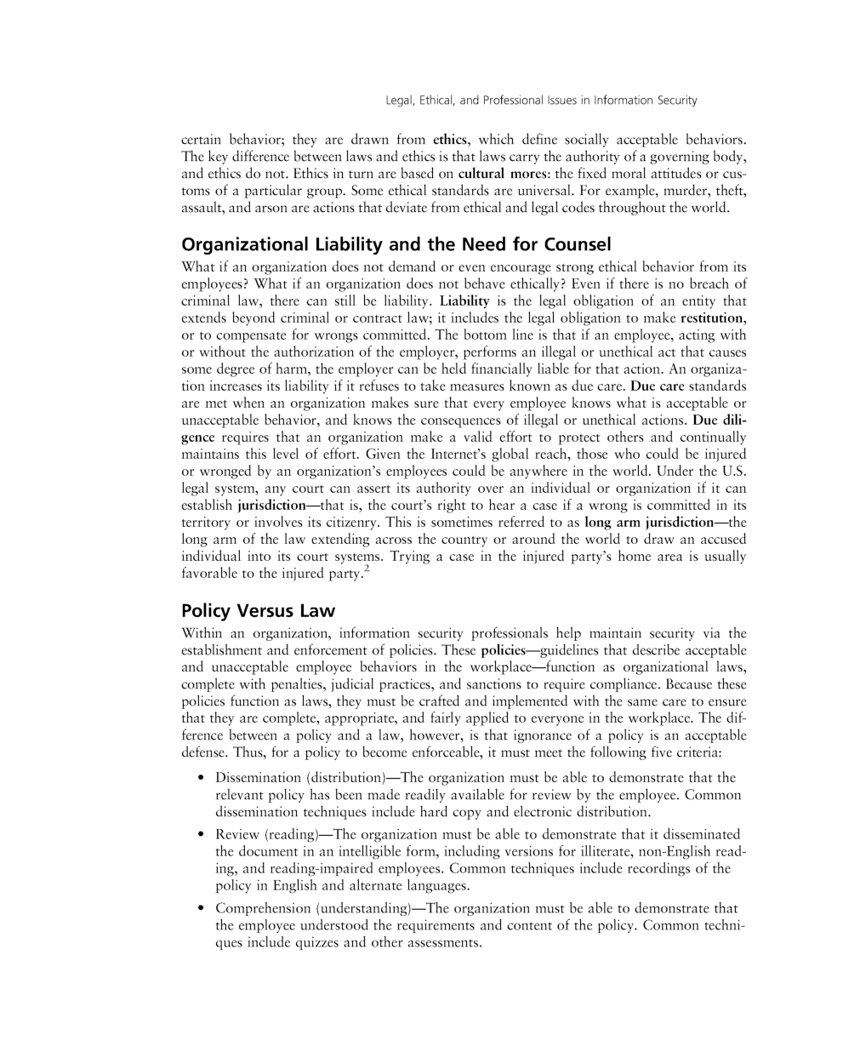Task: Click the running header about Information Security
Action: tap(541, 100)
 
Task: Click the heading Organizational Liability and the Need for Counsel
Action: tap(396, 245)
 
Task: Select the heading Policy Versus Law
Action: tap(258, 611)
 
